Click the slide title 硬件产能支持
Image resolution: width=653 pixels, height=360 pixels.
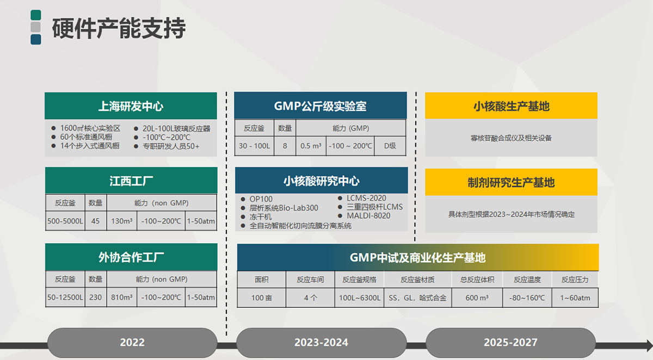119,28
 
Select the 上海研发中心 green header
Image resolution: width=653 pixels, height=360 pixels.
131,105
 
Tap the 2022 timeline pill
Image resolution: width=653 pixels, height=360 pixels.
132,343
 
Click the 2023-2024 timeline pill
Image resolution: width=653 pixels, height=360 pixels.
321,343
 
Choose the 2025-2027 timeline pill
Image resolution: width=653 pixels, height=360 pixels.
510,343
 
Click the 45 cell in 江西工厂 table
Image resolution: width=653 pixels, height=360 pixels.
96,221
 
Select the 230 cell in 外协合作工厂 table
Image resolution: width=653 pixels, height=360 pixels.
96,297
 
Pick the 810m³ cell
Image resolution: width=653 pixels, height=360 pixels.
122,297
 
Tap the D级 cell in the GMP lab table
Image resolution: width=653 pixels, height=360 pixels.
390,146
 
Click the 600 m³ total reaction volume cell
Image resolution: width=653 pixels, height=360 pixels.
477,297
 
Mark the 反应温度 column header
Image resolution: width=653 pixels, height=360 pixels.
527,280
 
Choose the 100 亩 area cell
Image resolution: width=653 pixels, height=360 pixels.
262,297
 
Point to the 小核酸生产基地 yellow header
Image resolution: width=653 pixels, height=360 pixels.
511,105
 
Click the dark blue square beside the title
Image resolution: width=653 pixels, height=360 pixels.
36,39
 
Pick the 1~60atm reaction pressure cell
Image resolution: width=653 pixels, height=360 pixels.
575,297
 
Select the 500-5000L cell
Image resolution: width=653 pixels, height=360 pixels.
65,221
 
